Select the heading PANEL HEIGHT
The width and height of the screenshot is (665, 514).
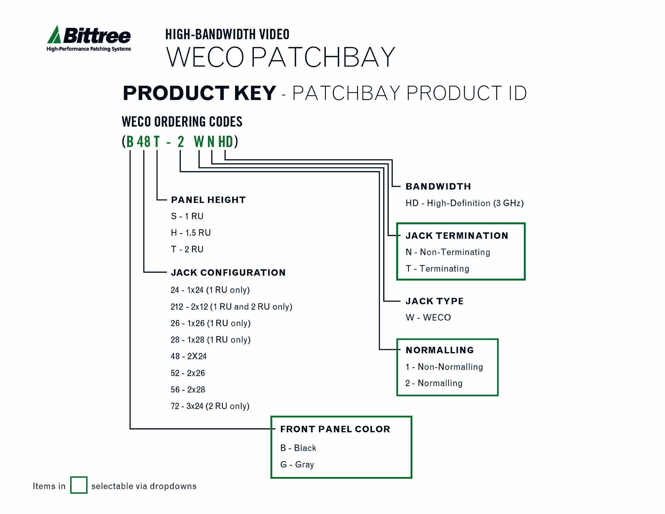208,200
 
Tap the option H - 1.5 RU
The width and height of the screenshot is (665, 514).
191,233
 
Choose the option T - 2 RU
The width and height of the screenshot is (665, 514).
187,249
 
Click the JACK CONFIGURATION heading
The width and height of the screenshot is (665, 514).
228,273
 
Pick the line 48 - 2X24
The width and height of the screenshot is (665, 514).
188,357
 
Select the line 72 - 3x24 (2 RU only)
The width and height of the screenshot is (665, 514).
210,406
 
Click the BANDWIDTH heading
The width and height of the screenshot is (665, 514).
438,187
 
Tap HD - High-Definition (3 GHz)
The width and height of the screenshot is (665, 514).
464,203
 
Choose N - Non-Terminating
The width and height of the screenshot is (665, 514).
448,252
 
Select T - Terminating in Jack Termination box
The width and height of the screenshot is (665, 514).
437,269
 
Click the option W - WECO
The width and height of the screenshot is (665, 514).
428,318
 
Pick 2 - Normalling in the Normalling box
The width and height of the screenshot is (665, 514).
434,383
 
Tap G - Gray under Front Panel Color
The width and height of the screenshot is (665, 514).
297,464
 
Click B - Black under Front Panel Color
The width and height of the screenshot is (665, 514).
298,448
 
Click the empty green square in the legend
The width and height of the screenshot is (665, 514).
79,485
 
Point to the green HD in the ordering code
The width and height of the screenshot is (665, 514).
225,142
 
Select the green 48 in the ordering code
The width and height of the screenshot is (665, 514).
144,142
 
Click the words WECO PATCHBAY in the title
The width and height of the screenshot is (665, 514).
281,57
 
